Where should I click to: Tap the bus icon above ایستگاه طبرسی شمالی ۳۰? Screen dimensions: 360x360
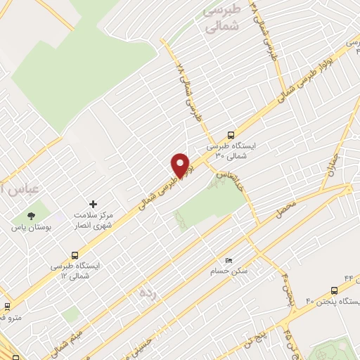[231, 136]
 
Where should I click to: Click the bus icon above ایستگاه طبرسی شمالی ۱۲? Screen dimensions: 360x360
[75, 255]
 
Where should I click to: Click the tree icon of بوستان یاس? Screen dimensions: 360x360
[30, 216]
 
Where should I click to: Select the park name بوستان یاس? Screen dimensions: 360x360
[30, 228]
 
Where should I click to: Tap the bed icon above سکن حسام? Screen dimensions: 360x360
[226, 260]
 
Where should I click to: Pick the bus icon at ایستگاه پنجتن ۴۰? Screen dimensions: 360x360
[334, 290]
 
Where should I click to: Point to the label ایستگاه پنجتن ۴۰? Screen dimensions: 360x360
[333, 302]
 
